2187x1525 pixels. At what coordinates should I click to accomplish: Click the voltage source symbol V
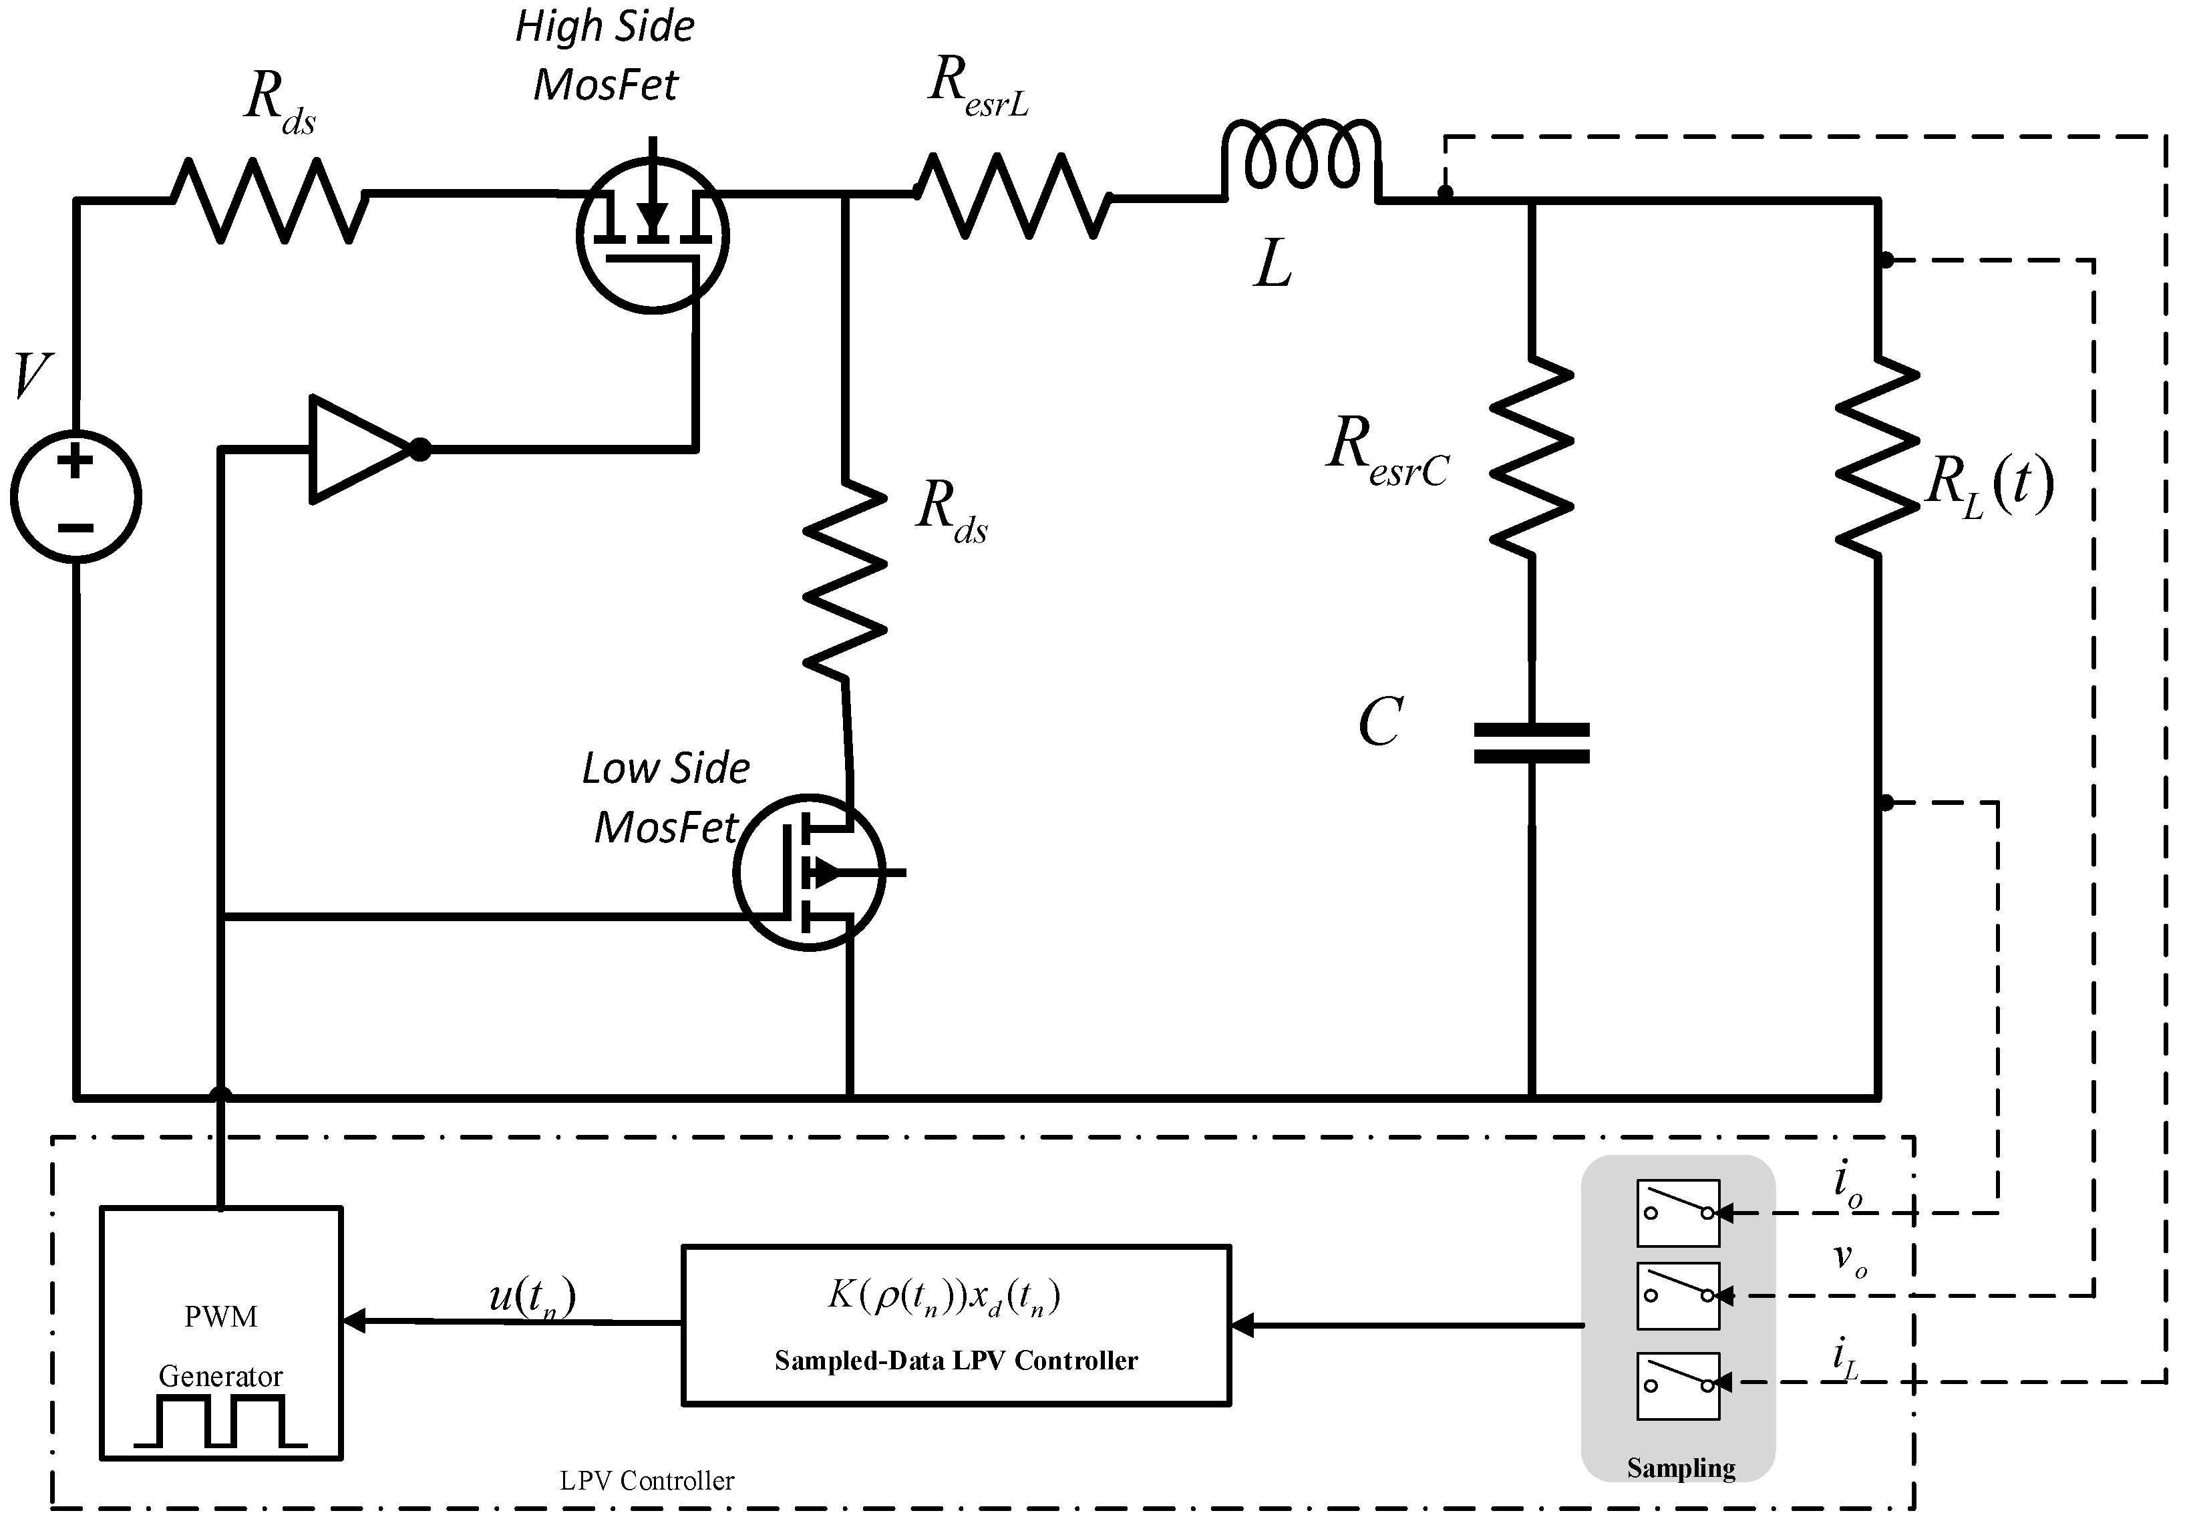click(76, 496)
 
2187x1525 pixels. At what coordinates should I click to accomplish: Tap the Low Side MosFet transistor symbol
click(810, 872)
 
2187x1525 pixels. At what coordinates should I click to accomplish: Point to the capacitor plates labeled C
click(1531, 743)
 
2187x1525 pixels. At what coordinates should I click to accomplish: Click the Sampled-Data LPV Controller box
click(955, 1324)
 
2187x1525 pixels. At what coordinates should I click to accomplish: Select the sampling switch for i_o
click(1677, 1212)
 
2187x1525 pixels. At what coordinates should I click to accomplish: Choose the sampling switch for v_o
click(1677, 1295)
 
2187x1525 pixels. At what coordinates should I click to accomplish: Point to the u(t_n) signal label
click(532, 1297)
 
